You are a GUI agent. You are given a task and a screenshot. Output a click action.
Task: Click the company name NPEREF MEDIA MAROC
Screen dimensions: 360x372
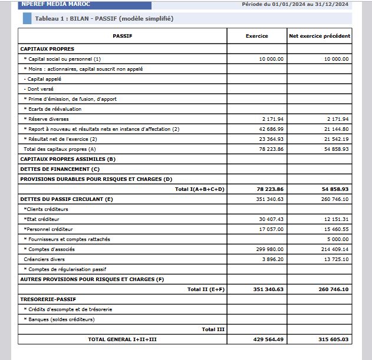[x=55, y=4]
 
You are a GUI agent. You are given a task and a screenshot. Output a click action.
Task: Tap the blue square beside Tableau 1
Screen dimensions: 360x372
[x=27, y=18]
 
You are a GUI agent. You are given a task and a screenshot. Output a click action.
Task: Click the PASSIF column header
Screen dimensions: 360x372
[x=123, y=36]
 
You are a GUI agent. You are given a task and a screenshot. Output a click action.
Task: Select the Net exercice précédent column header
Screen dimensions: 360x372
[x=320, y=36]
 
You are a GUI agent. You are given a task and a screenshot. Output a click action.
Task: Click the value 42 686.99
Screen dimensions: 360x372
[x=272, y=129]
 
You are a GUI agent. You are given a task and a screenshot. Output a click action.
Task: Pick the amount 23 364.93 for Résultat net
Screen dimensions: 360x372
[x=272, y=139]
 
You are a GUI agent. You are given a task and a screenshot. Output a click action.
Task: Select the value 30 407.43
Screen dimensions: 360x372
[x=272, y=219]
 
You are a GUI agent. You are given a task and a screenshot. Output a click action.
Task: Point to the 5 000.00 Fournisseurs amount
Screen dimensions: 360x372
[x=337, y=239]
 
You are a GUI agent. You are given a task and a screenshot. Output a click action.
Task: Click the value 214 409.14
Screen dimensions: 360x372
[x=335, y=249]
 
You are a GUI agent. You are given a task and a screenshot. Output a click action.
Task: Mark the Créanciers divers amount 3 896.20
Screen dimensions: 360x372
[x=273, y=259]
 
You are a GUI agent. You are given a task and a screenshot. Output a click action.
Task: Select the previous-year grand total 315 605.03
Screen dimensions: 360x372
[x=334, y=339]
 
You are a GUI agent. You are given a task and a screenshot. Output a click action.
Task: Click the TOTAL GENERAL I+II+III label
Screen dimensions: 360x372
[x=123, y=339]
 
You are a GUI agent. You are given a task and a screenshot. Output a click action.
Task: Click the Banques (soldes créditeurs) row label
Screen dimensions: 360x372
[x=59, y=319]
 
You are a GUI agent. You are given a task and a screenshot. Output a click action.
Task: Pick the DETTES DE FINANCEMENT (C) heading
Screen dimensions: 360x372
[x=60, y=169]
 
